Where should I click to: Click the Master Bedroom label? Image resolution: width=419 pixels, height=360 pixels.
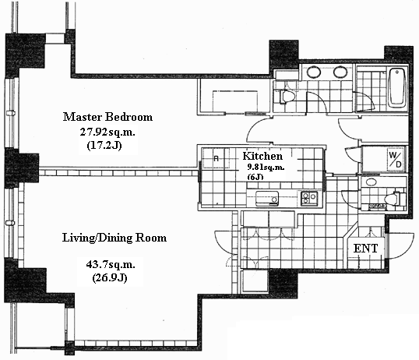tap(107, 117)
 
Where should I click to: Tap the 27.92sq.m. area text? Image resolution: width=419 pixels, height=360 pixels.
tap(107, 132)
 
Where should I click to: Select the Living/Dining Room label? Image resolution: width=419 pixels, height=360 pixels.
tap(114, 238)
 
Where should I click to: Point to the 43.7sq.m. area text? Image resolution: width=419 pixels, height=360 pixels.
tap(111, 264)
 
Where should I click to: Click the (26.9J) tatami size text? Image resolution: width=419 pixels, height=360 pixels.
tap(110, 278)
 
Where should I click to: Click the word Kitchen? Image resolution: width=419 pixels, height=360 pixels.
tap(262, 156)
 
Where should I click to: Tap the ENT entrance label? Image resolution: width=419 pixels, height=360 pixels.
tap(365, 249)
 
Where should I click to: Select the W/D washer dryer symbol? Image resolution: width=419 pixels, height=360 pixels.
tap(395, 160)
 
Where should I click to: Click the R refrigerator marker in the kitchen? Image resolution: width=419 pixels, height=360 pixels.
tap(217, 159)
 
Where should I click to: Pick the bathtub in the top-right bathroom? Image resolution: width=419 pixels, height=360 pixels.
tap(397, 88)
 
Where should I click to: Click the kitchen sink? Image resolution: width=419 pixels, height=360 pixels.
tap(267, 199)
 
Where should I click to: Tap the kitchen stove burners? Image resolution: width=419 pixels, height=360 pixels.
tap(309, 199)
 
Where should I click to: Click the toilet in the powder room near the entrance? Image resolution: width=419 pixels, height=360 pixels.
tap(395, 199)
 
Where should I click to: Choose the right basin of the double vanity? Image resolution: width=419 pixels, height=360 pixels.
tap(340, 72)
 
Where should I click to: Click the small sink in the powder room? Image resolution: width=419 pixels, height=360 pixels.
tap(371, 182)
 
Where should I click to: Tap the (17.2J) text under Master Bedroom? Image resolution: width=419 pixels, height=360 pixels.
tap(104, 146)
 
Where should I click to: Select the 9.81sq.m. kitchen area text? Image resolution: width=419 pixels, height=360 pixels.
tap(266, 168)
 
